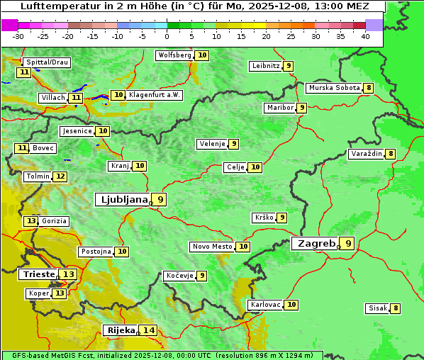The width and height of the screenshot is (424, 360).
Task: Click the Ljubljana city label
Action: [x=122, y=200]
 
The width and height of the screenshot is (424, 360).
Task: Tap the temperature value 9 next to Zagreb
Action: [x=348, y=244]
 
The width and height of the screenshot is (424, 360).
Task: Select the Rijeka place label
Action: [x=121, y=330]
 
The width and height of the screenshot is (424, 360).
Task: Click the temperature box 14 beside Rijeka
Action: [x=148, y=330]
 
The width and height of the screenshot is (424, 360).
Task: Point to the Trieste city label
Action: [x=38, y=274]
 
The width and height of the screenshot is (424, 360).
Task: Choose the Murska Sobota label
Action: [x=333, y=88]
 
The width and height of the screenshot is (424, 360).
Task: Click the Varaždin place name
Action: [x=367, y=154]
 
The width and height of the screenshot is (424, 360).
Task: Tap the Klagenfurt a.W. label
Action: [x=155, y=95]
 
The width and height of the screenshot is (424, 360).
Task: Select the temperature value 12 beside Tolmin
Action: [x=60, y=176]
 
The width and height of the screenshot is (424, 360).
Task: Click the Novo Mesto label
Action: [x=212, y=247]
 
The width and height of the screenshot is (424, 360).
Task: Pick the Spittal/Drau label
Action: [x=47, y=62]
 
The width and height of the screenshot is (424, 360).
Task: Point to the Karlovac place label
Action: [x=265, y=305]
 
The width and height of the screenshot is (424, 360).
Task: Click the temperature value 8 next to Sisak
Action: [x=396, y=308]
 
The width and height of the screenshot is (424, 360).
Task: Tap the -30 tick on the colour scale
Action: [x=18, y=36]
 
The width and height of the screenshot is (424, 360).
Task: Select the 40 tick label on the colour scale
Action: [x=365, y=36]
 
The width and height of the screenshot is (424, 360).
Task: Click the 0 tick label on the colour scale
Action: [x=167, y=36]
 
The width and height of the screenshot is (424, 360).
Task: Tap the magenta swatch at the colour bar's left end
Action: [x=9, y=25]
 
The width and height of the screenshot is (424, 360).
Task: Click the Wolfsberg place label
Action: [x=174, y=55]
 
